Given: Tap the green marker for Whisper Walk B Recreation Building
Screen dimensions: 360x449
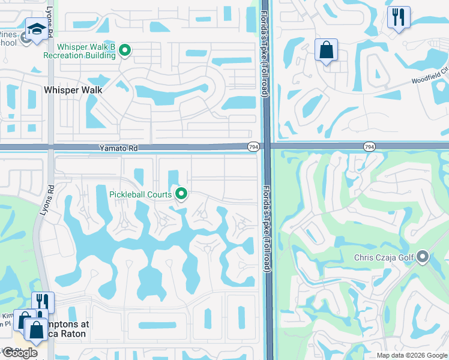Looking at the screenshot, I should pos(125,50).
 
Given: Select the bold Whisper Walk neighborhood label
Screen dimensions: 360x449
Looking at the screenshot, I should pos(73,90).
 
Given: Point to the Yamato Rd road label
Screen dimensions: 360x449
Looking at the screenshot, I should pos(116,147).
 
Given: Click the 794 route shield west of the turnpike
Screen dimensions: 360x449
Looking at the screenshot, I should pos(253,146).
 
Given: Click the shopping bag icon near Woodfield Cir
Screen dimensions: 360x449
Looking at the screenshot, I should pos(326,50).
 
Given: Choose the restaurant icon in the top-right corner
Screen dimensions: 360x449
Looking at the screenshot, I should pos(398,17).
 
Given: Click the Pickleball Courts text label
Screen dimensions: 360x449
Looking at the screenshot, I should pos(140,194).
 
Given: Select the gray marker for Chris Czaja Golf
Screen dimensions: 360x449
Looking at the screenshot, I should pos(422,257).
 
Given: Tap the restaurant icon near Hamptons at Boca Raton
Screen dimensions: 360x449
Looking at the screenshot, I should pos(42,302).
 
